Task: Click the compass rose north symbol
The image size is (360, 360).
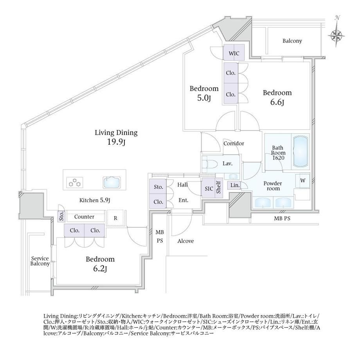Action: tap(337, 32)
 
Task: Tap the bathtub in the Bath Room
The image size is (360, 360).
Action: tap(301, 151)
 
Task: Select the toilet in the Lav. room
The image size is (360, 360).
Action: tap(210, 164)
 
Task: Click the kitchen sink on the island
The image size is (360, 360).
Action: tap(112, 182)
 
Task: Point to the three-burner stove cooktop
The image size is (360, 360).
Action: tap(75, 182)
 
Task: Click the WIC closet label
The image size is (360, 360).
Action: tap(234, 54)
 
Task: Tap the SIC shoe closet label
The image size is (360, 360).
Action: tap(209, 189)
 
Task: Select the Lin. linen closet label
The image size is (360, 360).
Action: tap(235, 185)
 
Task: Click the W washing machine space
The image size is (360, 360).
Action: tap(303, 181)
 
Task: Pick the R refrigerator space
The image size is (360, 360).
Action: tap(115, 218)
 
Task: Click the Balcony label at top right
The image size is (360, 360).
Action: tap(292, 41)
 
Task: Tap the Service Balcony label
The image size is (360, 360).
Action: tap(40, 261)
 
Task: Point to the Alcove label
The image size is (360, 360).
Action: tap(185, 241)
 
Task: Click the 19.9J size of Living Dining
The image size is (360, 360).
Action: tap(116, 142)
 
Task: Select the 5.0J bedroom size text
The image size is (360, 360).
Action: tap(204, 98)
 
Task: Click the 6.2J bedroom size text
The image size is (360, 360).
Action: tap(100, 269)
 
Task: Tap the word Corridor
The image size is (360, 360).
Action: tap(234, 144)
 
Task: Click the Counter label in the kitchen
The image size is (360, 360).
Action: tap(84, 217)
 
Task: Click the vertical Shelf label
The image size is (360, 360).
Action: tap(219, 187)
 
